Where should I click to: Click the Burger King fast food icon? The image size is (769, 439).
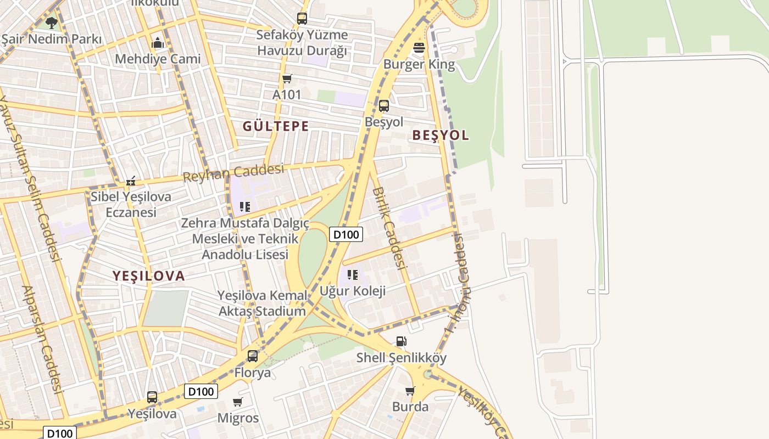[x=419, y=48]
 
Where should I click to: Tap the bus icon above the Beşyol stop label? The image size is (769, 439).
[x=384, y=106]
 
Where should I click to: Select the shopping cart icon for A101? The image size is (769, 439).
[x=287, y=79]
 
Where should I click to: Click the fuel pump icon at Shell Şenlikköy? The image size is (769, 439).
[x=402, y=341]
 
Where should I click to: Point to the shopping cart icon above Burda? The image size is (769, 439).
[x=410, y=391]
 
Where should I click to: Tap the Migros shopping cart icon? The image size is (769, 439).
[x=238, y=402]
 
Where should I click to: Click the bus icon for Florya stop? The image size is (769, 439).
[x=253, y=356]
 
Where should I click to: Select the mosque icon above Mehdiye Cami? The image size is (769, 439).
[x=158, y=43]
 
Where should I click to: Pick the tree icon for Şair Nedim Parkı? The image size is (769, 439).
[x=51, y=23]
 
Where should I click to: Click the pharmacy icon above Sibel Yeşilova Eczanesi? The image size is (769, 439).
[x=131, y=181]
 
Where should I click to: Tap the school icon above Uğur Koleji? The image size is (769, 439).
[x=352, y=274]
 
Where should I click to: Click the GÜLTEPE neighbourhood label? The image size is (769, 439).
[x=276, y=126]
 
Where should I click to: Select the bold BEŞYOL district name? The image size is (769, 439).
[x=441, y=136]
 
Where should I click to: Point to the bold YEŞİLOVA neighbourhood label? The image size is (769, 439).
[x=149, y=276]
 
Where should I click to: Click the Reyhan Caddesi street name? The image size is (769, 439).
[x=233, y=172]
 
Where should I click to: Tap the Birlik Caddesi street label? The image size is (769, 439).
[x=389, y=228]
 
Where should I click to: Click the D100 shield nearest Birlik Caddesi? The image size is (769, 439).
[x=346, y=235]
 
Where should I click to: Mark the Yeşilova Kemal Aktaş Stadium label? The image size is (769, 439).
[x=263, y=303]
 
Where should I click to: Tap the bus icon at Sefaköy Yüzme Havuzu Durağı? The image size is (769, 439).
[x=302, y=19]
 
